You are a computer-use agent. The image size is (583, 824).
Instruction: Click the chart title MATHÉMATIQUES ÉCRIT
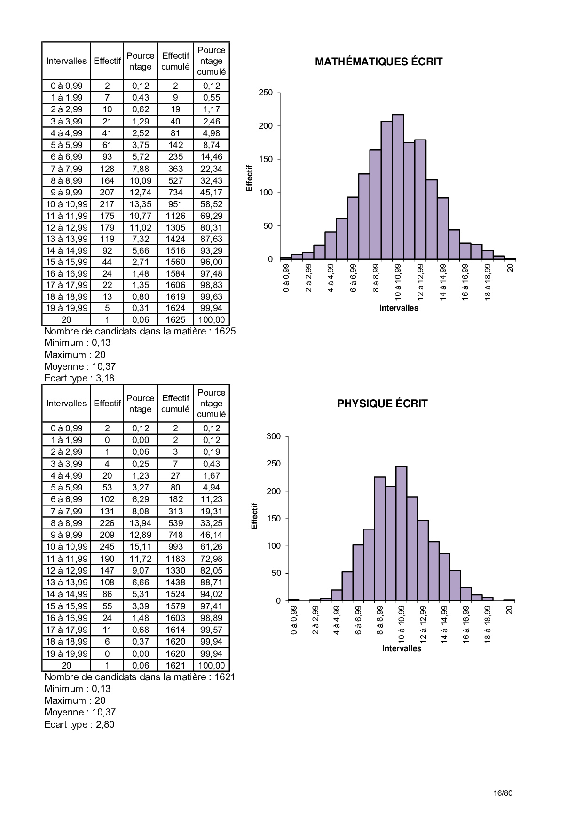point(378,62)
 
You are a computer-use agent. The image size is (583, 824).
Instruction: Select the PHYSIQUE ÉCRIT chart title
point(382,404)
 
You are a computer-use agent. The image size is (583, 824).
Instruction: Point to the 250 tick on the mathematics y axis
point(266,93)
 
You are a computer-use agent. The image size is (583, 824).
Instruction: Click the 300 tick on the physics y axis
point(274,436)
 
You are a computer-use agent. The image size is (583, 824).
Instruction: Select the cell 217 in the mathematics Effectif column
point(107,204)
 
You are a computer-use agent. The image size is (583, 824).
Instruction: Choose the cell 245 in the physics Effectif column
point(107,547)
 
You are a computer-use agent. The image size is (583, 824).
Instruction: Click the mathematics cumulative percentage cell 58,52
point(212,204)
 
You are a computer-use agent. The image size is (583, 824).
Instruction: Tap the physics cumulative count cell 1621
point(175,666)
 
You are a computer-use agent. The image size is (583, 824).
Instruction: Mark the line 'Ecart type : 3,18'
point(79,378)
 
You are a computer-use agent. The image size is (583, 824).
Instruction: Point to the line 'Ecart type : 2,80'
point(79,724)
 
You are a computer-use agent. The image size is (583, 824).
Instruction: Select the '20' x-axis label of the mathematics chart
point(511,268)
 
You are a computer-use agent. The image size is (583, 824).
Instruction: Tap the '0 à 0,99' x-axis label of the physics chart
point(294,620)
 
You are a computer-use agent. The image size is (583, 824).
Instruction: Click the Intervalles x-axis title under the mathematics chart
point(399,308)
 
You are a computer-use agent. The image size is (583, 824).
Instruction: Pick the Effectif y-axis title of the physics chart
point(255,516)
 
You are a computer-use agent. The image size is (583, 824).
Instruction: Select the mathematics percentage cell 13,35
point(141,204)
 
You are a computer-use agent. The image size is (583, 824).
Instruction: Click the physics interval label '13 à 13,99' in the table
point(66,583)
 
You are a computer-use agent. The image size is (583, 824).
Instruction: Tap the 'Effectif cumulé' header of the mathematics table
point(175,61)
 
